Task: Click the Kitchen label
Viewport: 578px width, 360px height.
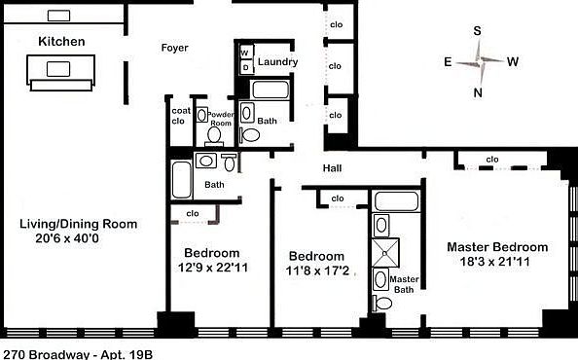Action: coord(62,42)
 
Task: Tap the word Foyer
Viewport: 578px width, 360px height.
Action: coord(174,48)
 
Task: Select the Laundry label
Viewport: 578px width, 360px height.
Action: coord(276,63)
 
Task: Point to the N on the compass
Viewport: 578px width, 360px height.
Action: coord(479,93)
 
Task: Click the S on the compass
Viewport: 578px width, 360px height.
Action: coord(479,30)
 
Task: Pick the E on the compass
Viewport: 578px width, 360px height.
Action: coord(447,61)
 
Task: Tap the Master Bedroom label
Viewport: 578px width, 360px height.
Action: coord(496,247)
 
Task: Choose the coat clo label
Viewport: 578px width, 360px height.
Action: coord(178,116)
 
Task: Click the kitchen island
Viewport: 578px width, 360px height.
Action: coord(61,70)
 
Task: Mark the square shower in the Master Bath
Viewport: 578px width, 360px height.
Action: coord(380,250)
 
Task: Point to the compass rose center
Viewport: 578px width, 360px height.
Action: coord(480,61)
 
